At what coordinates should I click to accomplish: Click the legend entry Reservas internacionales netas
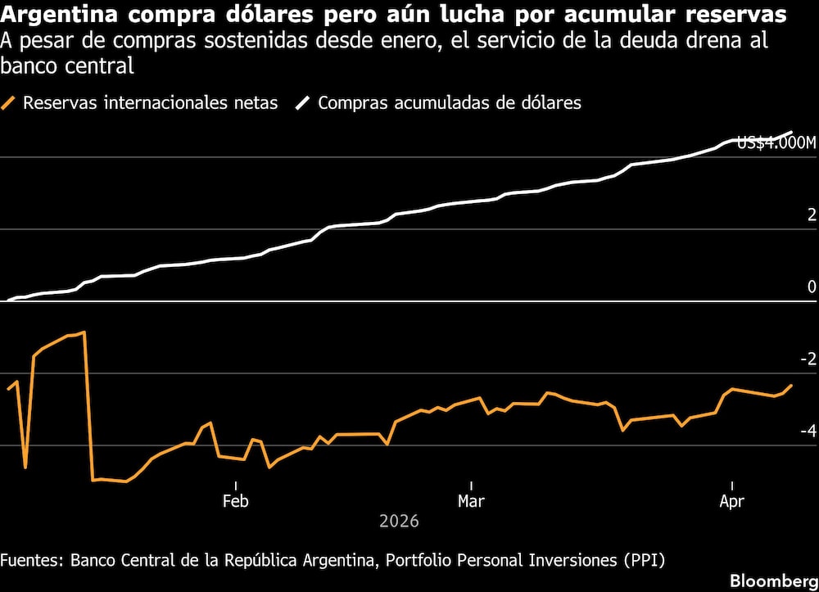coord(150,103)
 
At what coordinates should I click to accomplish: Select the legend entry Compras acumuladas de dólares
coord(450,103)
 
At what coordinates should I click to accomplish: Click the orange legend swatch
coord(10,103)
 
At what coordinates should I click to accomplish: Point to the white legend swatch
coord(304,103)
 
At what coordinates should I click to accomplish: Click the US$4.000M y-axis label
coord(776,143)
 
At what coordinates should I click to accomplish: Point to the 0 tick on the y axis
coord(812,287)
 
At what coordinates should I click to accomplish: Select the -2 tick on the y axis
coord(808,359)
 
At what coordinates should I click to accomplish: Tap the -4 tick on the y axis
coord(808,431)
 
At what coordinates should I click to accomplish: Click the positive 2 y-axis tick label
coord(812,215)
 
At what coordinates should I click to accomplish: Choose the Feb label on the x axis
coord(236,501)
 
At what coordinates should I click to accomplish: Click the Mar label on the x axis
coord(471,501)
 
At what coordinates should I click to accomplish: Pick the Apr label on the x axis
coord(731,501)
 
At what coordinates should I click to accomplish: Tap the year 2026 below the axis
coord(399,522)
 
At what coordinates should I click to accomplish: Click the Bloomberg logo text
coord(774,581)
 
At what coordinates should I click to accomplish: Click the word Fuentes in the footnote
coord(31,560)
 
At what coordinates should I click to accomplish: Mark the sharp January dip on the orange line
coord(25,467)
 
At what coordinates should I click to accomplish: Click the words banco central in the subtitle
coord(66,66)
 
